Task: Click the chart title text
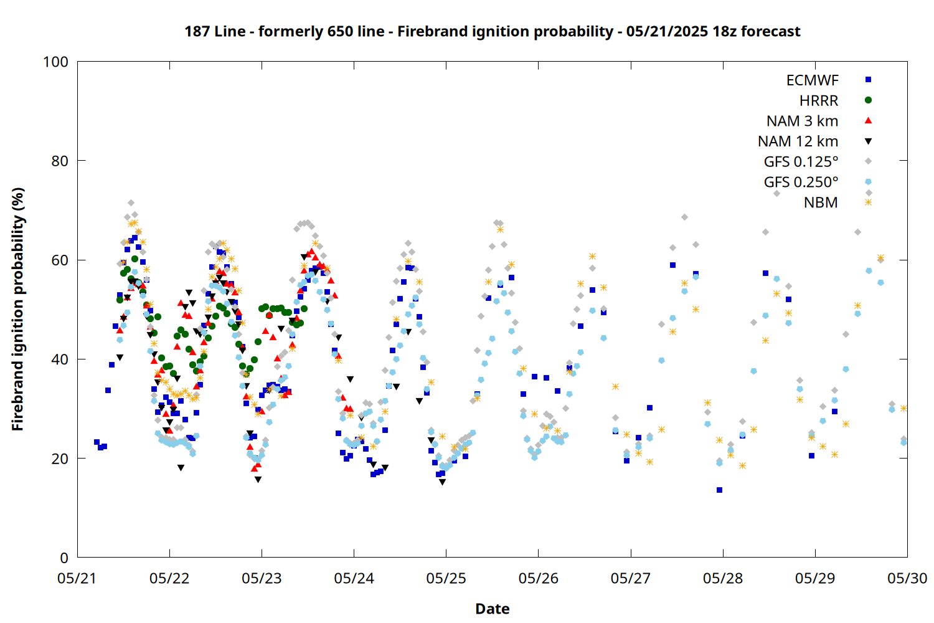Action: tap(493, 31)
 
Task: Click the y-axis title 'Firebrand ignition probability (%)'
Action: tap(17, 309)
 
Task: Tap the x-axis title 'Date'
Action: tap(493, 609)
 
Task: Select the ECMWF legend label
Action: tap(812, 80)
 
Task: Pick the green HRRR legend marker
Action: tap(869, 100)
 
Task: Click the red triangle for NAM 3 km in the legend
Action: tap(869, 121)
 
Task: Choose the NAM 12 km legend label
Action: tap(798, 141)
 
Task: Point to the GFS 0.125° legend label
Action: tap(801, 161)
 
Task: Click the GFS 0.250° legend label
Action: tap(801, 182)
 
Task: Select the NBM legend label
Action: tap(821, 202)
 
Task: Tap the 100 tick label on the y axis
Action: tap(55, 62)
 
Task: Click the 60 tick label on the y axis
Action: tap(60, 260)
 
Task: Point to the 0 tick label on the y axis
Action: tap(64, 558)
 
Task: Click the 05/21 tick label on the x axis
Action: tap(77, 578)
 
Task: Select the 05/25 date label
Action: tap(446, 578)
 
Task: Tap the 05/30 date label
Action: tap(907, 578)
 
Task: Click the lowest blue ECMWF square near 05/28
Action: tap(719, 490)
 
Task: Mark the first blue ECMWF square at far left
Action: tap(97, 442)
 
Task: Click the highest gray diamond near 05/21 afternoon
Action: tap(131, 203)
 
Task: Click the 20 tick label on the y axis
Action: tap(60, 459)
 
